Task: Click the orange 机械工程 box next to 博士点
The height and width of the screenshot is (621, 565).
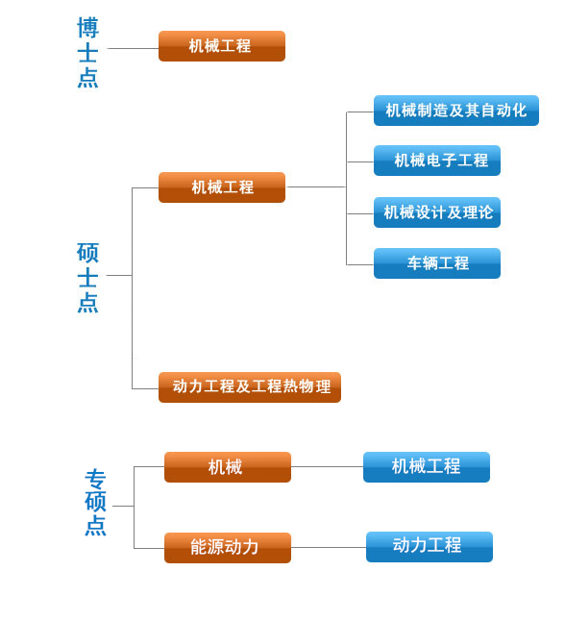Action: tap(222, 46)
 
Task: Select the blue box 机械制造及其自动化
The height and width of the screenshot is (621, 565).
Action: tap(456, 111)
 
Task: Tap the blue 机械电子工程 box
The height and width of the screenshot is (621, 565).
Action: tap(437, 161)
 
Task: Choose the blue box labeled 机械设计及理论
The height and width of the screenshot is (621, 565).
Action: tap(437, 212)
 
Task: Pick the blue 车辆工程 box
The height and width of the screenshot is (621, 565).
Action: tap(437, 263)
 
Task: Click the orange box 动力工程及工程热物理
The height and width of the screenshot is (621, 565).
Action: tap(250, 387)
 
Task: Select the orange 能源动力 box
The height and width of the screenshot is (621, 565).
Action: tap(228, 548)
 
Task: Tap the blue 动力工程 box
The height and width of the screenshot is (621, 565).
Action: tap(430, 547)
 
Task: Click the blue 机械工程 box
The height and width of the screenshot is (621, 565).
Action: tap(427, 467)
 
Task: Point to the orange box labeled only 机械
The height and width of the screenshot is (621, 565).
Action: tap(228, 467)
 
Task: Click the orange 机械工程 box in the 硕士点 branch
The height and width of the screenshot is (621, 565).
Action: tap(222, 187)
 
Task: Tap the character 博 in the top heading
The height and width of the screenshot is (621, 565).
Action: tap(87, 28)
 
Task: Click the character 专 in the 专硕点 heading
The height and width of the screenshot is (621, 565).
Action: tap(95, 480)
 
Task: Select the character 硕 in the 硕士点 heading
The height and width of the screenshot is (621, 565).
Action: tap(87, 253)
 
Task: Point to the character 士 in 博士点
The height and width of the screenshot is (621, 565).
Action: tap(87, 53)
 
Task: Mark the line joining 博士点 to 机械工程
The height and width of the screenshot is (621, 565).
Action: tap(133, 49)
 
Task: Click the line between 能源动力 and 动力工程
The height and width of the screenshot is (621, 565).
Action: tap(329, 548)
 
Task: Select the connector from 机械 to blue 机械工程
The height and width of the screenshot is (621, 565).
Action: tap(327, 466)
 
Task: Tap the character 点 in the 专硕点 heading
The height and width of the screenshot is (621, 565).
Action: tap(95, 526)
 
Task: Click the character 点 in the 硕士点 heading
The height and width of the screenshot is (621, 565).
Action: tap(87, 303)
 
